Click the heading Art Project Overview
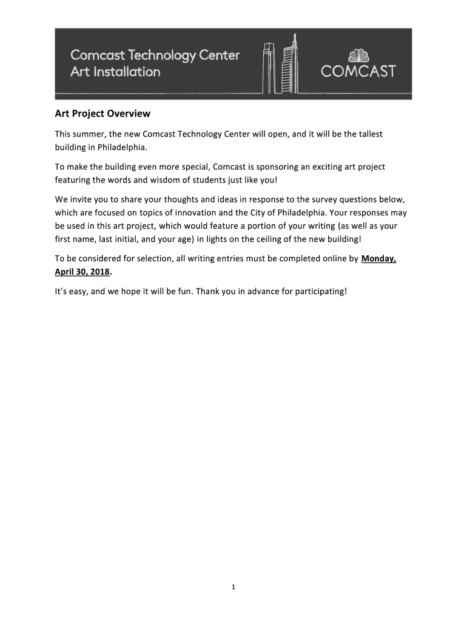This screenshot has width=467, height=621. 102,113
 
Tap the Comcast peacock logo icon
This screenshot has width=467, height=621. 357,56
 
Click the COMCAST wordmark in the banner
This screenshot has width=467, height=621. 358,72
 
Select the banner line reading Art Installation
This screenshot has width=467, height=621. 115,72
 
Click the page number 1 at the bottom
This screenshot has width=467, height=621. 233,586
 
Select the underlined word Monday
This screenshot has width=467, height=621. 378,259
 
